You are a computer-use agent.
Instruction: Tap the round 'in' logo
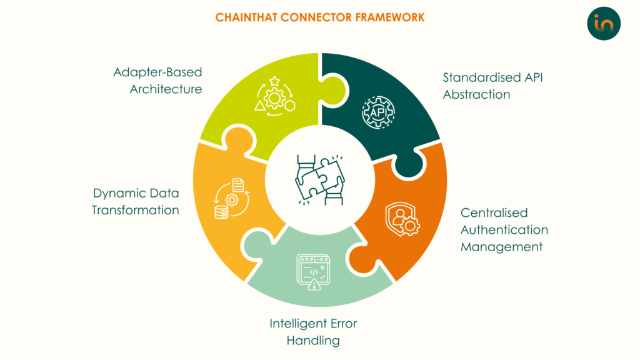[604, 24]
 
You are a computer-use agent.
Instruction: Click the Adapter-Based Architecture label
[157, 81]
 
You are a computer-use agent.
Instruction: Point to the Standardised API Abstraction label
[481, 86]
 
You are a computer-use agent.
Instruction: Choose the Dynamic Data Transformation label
[136, 201]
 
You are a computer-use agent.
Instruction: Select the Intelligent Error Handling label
[313, 332]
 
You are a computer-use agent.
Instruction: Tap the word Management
[501, 247]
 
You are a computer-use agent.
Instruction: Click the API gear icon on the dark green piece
[377, 112]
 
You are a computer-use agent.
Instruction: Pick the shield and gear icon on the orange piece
[402, 218]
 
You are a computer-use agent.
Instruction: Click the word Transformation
[136, 210]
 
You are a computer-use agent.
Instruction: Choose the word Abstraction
[477, 95]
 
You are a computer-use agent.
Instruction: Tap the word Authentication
[504, 230]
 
